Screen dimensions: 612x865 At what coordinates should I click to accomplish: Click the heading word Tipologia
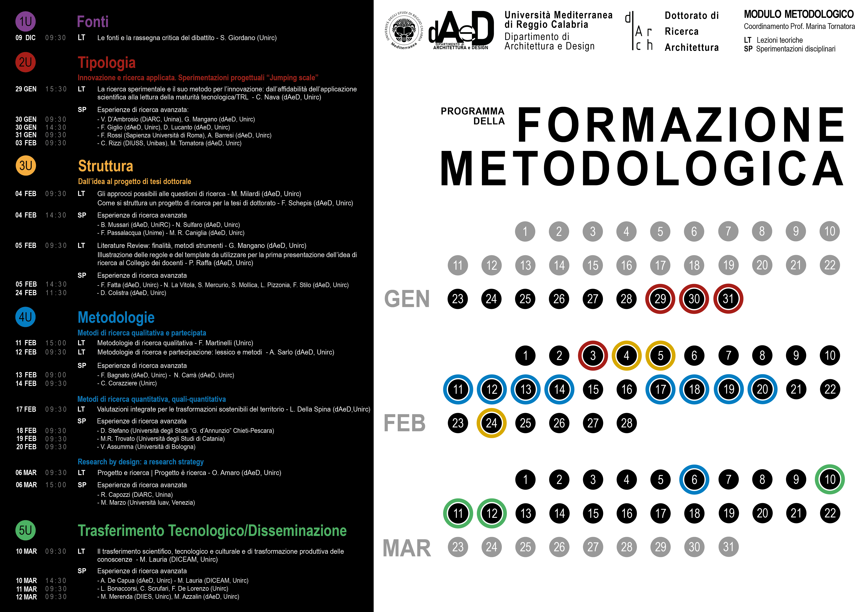[107, 63]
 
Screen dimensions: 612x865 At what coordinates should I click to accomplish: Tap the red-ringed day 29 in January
[660, 299]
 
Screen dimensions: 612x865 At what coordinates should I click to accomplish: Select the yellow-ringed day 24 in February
[491, 423]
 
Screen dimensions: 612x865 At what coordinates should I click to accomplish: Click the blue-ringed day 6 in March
[694, 479]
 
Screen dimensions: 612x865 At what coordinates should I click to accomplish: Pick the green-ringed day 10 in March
[830, 479]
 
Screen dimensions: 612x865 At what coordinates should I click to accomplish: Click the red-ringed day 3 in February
[593, 355]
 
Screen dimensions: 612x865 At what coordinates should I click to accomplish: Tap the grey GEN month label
[407, 299]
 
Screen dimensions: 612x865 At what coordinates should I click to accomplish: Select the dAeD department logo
[461, 29]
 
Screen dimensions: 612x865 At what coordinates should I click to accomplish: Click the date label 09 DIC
[26, 38]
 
